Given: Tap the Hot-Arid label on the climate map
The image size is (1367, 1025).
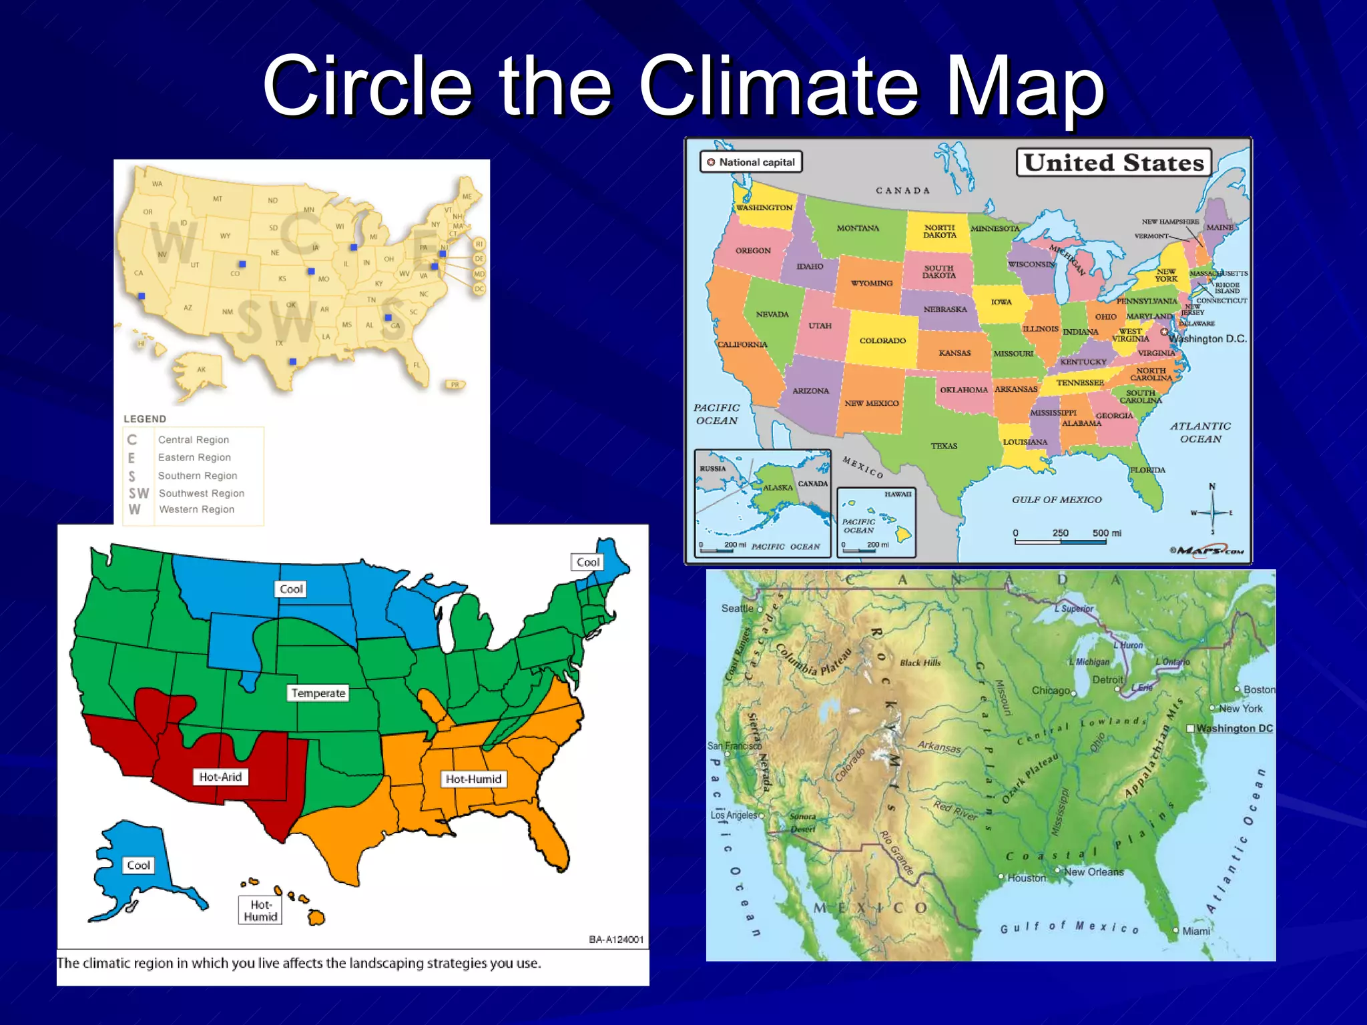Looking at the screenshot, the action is pos(220,777).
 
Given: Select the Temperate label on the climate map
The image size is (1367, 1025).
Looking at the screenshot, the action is pos(318,693).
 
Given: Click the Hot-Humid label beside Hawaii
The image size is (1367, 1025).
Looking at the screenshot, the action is pos(260,911).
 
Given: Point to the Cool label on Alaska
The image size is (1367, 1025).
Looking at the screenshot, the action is pos(138,866).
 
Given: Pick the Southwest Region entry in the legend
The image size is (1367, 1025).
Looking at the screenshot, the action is pos(201,493).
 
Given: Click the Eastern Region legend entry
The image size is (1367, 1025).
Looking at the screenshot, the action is pos(194,457).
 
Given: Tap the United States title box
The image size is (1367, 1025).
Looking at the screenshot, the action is pos(1113,162).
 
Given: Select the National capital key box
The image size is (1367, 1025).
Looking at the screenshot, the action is pos(751,162).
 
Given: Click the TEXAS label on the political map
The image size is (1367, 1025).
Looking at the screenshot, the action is pos(944,446).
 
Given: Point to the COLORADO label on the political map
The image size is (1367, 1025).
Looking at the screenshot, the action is pos(882,340).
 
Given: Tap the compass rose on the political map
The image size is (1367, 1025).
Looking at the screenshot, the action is pos(1212,512).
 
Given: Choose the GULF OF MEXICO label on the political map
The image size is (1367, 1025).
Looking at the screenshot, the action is pos(1057,499).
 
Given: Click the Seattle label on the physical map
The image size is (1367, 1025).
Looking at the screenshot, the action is pos(737,609).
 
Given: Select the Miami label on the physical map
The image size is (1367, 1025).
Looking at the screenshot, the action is pos(1195,931).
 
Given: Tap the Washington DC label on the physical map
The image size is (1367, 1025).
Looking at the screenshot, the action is pos(1234,728).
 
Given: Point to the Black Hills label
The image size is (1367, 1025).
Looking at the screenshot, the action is pos(920,663).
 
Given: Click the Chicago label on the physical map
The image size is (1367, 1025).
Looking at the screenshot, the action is pos(1051,690).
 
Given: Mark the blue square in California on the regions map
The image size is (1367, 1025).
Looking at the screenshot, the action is pos(142,296).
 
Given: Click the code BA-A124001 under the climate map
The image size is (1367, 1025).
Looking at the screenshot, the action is pos(616,940).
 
